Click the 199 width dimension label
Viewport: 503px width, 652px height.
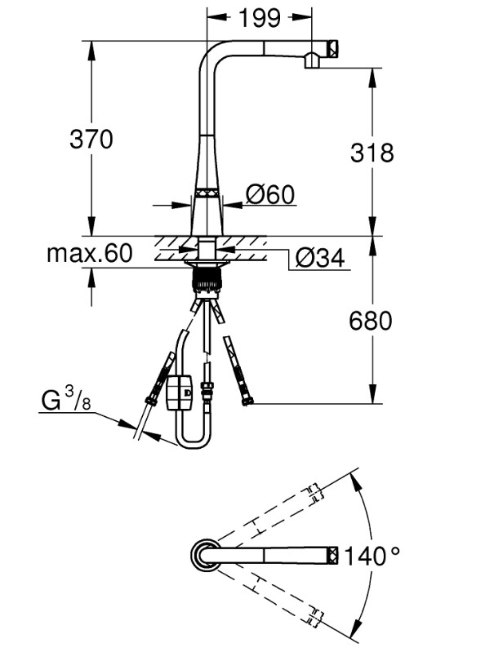[x=260, y=18]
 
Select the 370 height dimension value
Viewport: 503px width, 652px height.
[x=91, y=139]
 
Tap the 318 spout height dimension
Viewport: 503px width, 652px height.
[x=372, y=153]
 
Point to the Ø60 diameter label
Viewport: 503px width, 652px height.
[x=270, y=194]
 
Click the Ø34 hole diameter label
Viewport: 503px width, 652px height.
[x=320, y=258]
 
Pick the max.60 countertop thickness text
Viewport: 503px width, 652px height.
[x=90, y=253]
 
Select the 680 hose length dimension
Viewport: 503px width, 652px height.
[x=370, y=321]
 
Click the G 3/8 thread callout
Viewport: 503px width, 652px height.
[x=66, y=398]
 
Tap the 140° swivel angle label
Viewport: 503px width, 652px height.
[x=372, y=556]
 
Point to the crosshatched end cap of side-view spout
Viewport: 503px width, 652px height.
[x=333, y=48]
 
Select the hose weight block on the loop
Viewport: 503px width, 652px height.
[x=180, y=393]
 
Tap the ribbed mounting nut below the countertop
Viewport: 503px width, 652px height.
[x=206, y=280]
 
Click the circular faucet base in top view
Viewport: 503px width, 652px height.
[x=206, y=555]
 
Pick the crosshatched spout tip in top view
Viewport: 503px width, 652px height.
[x=334, y=555]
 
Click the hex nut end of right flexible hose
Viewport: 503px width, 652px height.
[x=248, y=401]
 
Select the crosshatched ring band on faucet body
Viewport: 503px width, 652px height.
[x=207, y=193]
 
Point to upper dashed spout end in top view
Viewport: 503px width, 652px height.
[x=315, y=494]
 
